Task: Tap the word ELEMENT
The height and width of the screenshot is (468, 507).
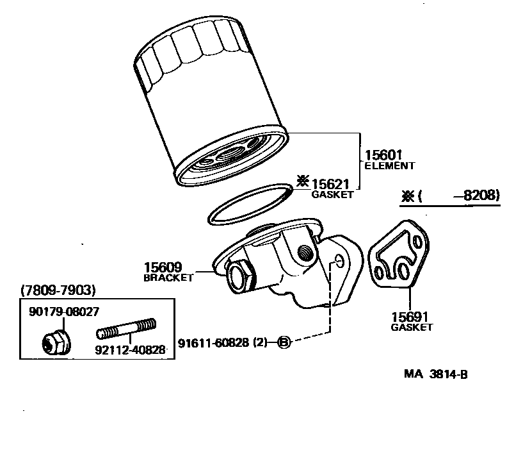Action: [x=389, y=166]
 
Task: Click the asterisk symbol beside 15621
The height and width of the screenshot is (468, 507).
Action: [x=302, y=181]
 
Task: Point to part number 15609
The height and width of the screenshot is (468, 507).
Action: [x=163, y=267]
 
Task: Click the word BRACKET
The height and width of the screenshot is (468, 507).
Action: [x=168, y=278]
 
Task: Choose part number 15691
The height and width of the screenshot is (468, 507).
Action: [x=410, y=317]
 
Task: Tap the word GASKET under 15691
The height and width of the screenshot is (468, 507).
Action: [x=412, y=327]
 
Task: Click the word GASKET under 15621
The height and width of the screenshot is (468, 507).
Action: [x=332, y=194]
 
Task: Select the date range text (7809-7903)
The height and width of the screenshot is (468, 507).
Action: [x=58, y=290]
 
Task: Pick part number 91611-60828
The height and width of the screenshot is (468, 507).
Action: [x=214, y=342]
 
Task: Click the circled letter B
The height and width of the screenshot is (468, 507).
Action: [x=284, y=343]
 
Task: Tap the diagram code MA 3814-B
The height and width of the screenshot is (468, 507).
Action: [x=435, y=374]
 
